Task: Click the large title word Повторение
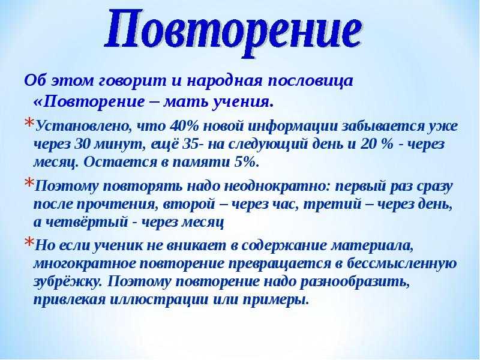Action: (x=233, y=34)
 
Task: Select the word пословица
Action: (x=311, y=82)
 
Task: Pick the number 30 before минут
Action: (x=82, y=144)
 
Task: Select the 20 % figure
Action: (x=377, y=144)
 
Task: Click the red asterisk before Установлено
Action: (x=29, y=123)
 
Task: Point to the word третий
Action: (x=333, y=204)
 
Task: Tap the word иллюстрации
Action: (x=158, y=299)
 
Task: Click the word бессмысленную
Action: (x=402, y=263)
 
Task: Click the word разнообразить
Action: (x=355, y=281)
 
